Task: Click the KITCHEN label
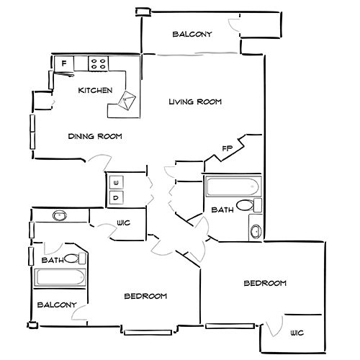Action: [95, 91]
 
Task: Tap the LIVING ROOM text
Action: [195, 102]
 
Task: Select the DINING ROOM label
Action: [95, 136]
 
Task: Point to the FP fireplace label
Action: [227, 148]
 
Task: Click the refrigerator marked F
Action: [64, 63]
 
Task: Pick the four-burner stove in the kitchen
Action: [99, 63]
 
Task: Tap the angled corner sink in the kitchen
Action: [127, 100]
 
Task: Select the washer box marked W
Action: [116, 183]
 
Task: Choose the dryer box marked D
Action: [116, 198]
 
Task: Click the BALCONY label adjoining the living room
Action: [192, 34]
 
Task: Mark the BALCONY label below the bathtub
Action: [57, 305]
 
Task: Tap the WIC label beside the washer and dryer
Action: [124, 223]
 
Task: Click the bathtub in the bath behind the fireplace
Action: [233, 186]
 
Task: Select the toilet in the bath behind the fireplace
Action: [249, 205]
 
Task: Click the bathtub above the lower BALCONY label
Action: [60, 278]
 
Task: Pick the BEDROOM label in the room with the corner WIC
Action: [265, 283]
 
